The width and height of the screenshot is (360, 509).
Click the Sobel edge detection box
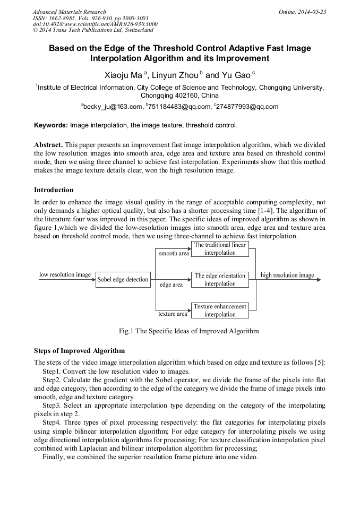tap(123, 280)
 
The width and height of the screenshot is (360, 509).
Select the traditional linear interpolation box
tap(220, 249)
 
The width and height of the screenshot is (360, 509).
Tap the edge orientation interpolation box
tap(220, 280)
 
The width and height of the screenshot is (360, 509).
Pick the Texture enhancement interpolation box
tap(220, 310)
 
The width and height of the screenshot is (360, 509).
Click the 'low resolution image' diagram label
tap(65, 275)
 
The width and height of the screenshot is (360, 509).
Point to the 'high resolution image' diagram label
tap(287, 275)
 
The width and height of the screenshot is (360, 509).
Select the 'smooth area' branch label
tap(174, 254)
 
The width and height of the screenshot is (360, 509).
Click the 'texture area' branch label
tap(173, 314)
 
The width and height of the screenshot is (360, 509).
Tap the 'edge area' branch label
tap(171, 285)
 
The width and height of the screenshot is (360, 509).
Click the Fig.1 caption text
tap(188, 331)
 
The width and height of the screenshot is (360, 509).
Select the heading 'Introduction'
tap(54, 190)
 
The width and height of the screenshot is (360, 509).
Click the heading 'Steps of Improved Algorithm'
tap(79, 351)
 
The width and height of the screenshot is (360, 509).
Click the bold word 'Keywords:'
tap(51, 125)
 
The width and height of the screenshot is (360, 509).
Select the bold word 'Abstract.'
tap(48, 144)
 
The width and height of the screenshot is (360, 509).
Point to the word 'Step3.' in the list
tap(53, 406)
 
